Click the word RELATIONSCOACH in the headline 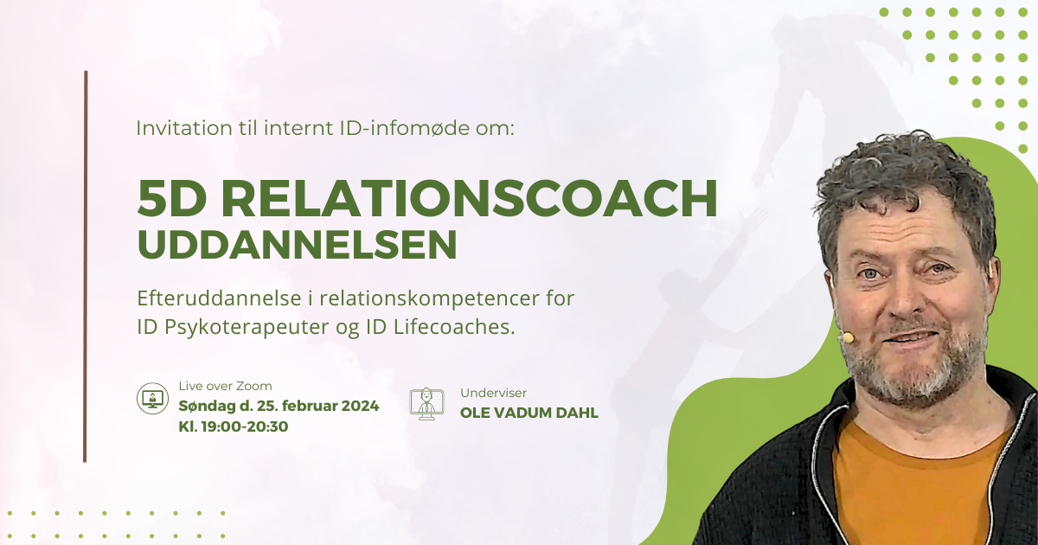point(470,198)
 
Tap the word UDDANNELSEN point(297,245)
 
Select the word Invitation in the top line point(184,128)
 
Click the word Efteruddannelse point(219,298)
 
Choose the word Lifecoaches point(455,327)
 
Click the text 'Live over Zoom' point(225,386)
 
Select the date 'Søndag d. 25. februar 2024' point(279,406)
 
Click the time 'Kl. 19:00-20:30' point(234,426)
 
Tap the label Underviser point(494,393)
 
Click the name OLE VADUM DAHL point(529,413)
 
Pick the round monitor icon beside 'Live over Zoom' point(152,398)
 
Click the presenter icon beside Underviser point(426,404)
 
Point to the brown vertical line point(86,266)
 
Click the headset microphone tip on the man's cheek point(848,337)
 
